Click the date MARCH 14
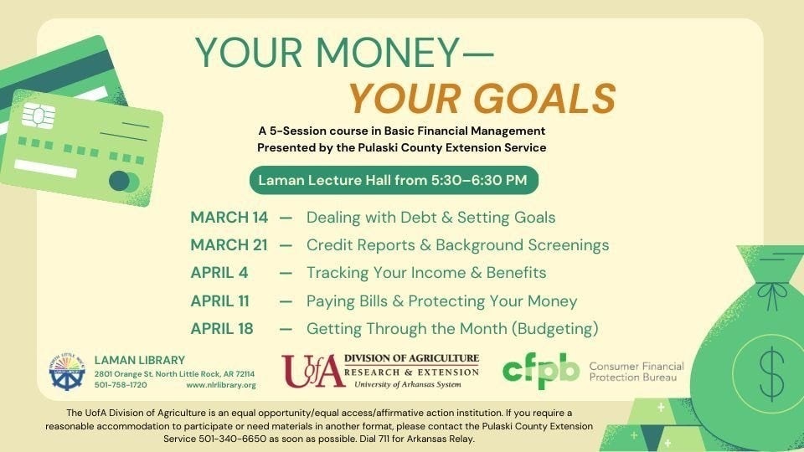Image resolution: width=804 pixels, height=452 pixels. tap(229, 218)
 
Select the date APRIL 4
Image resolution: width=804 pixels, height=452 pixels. tap(219, 273)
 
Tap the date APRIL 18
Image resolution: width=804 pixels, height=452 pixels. tap(222, 328)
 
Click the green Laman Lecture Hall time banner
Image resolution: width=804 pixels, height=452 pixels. tap(394, 181)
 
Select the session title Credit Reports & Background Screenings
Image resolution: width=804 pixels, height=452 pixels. tap(458, 245)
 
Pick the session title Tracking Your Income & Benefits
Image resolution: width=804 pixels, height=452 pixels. tap(426, 273)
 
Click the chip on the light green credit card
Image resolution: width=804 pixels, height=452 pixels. tap(38, 116)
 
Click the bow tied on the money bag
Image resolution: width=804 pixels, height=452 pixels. tap(772, 295)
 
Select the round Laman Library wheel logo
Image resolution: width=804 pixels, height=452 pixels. tap(67, 372)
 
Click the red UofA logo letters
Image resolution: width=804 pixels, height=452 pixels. tap(312, 371)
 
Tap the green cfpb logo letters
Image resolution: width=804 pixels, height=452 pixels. tap(541, 371)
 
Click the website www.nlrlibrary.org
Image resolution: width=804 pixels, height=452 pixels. tap(221, 385)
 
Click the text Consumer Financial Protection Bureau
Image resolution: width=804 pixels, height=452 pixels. tap(636, 372)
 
